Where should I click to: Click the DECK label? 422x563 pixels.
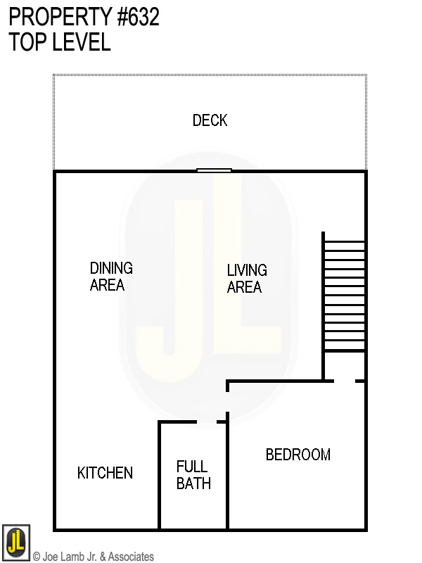point(210,120)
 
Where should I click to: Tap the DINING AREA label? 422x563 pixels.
point(110,277)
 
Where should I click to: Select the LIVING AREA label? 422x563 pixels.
point(246,279)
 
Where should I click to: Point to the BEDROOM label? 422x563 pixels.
point(298,455)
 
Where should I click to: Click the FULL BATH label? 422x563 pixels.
point(193,475)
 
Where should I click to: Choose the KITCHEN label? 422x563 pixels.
point(105,473)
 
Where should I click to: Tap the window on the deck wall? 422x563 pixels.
point(214,170)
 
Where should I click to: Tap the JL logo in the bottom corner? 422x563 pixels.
point(15,543)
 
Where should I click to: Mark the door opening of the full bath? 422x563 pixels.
point(206,422)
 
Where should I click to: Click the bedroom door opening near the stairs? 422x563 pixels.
point(345,381)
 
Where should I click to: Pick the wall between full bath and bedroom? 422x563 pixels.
point(227,479)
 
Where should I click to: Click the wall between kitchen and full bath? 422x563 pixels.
point(160,479)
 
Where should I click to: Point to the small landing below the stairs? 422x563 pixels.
point(344,366)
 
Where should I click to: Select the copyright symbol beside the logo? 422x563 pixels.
point(37,557)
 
